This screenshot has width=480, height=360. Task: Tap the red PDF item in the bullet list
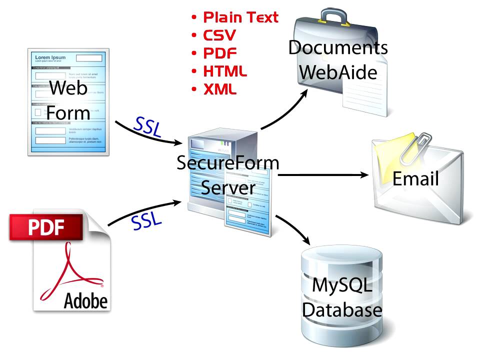[x=220, y=53]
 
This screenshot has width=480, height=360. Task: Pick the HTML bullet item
[x=225, y=71]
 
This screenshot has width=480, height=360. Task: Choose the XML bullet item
[x=220, y=89]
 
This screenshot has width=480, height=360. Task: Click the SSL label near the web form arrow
[x=148, y=128]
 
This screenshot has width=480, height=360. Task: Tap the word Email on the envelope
[x=415, y=178]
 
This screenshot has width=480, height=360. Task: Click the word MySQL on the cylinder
[x=342, y=285]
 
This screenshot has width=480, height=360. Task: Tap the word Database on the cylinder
[x=342, y=309]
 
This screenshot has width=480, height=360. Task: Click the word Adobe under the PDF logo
[x=85, y=300]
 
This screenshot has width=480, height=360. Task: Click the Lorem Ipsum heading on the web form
[x=50, y=57]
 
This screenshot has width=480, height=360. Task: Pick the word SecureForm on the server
[x=227, y=163]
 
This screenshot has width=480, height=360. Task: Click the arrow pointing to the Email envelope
[x=325, y=175]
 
